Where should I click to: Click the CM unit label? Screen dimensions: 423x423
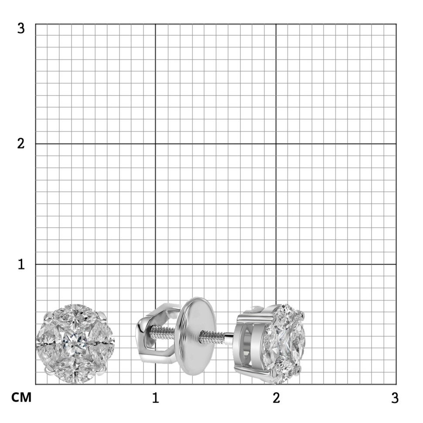(x=21, y=397)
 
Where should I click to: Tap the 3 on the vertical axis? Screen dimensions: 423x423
(x=21, y=28)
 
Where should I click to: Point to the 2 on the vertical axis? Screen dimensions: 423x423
(x=21, y=143)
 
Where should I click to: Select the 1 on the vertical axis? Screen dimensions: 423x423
(x=21, y=264)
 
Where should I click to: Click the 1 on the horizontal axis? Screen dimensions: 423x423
(x=155, y=398)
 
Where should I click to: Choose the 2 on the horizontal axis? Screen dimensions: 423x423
(x=276, y=398)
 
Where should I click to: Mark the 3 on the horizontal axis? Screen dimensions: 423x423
(x=395, y=398)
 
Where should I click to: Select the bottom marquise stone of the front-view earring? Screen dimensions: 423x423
(x=75, y=372)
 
